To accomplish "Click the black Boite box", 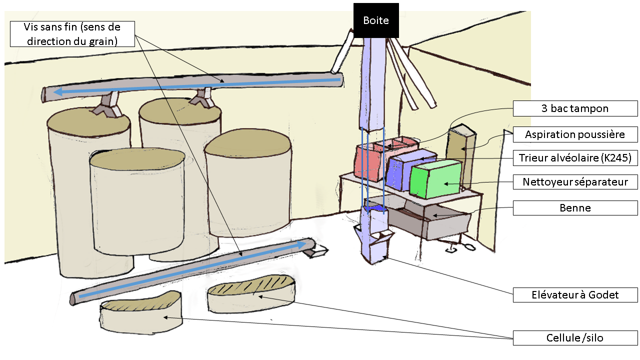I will tap(376, 20).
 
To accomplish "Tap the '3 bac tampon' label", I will tap(575, 108).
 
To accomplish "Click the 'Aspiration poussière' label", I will tap(575, 134).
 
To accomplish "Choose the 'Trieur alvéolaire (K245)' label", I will tap(575, 158).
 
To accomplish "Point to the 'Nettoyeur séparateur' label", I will tap(575, 182).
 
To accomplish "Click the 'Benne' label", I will tap(575, 208).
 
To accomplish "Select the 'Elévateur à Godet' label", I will tap(575, 295).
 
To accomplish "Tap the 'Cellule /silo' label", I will tap(575, 338).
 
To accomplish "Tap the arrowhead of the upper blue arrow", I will tap(58, 91).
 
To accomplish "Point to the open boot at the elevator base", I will tap(379, 250).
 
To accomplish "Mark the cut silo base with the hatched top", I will tap(251, 295).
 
